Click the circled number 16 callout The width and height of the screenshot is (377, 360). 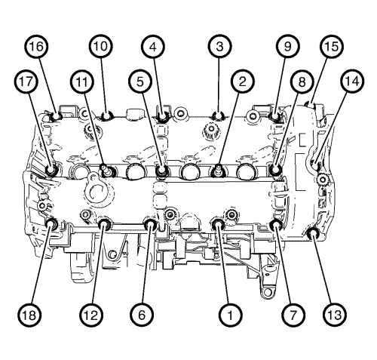click(37, 47)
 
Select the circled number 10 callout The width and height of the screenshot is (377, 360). click(101, 47)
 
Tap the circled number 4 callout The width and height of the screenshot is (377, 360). click(153, 47)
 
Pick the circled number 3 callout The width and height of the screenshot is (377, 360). click(220, 47)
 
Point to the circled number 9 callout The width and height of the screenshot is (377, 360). click(287, 47)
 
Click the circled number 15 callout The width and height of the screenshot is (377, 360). click(332, 47)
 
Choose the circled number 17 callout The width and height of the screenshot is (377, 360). click(27, 82)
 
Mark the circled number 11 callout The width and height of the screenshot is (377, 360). click(82, 82)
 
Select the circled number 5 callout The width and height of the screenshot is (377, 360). click(140, 82)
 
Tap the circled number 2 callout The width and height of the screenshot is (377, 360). click(242, 82)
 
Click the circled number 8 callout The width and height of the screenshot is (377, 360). click(302, 82)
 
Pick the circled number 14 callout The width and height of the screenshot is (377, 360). click(352, 82)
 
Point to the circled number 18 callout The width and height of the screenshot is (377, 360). click(29, 315)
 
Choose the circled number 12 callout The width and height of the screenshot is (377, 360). click(91, 315)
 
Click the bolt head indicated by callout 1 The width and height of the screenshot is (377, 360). click(218, 223)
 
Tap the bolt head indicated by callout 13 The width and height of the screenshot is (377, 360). click(313, 233)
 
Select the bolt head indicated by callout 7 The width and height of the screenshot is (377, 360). click(275, 224)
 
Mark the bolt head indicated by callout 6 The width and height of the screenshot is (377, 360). click(150, 223)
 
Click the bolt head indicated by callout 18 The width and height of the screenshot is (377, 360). click(52, 223)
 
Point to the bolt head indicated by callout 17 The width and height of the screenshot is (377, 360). click(52, 170)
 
